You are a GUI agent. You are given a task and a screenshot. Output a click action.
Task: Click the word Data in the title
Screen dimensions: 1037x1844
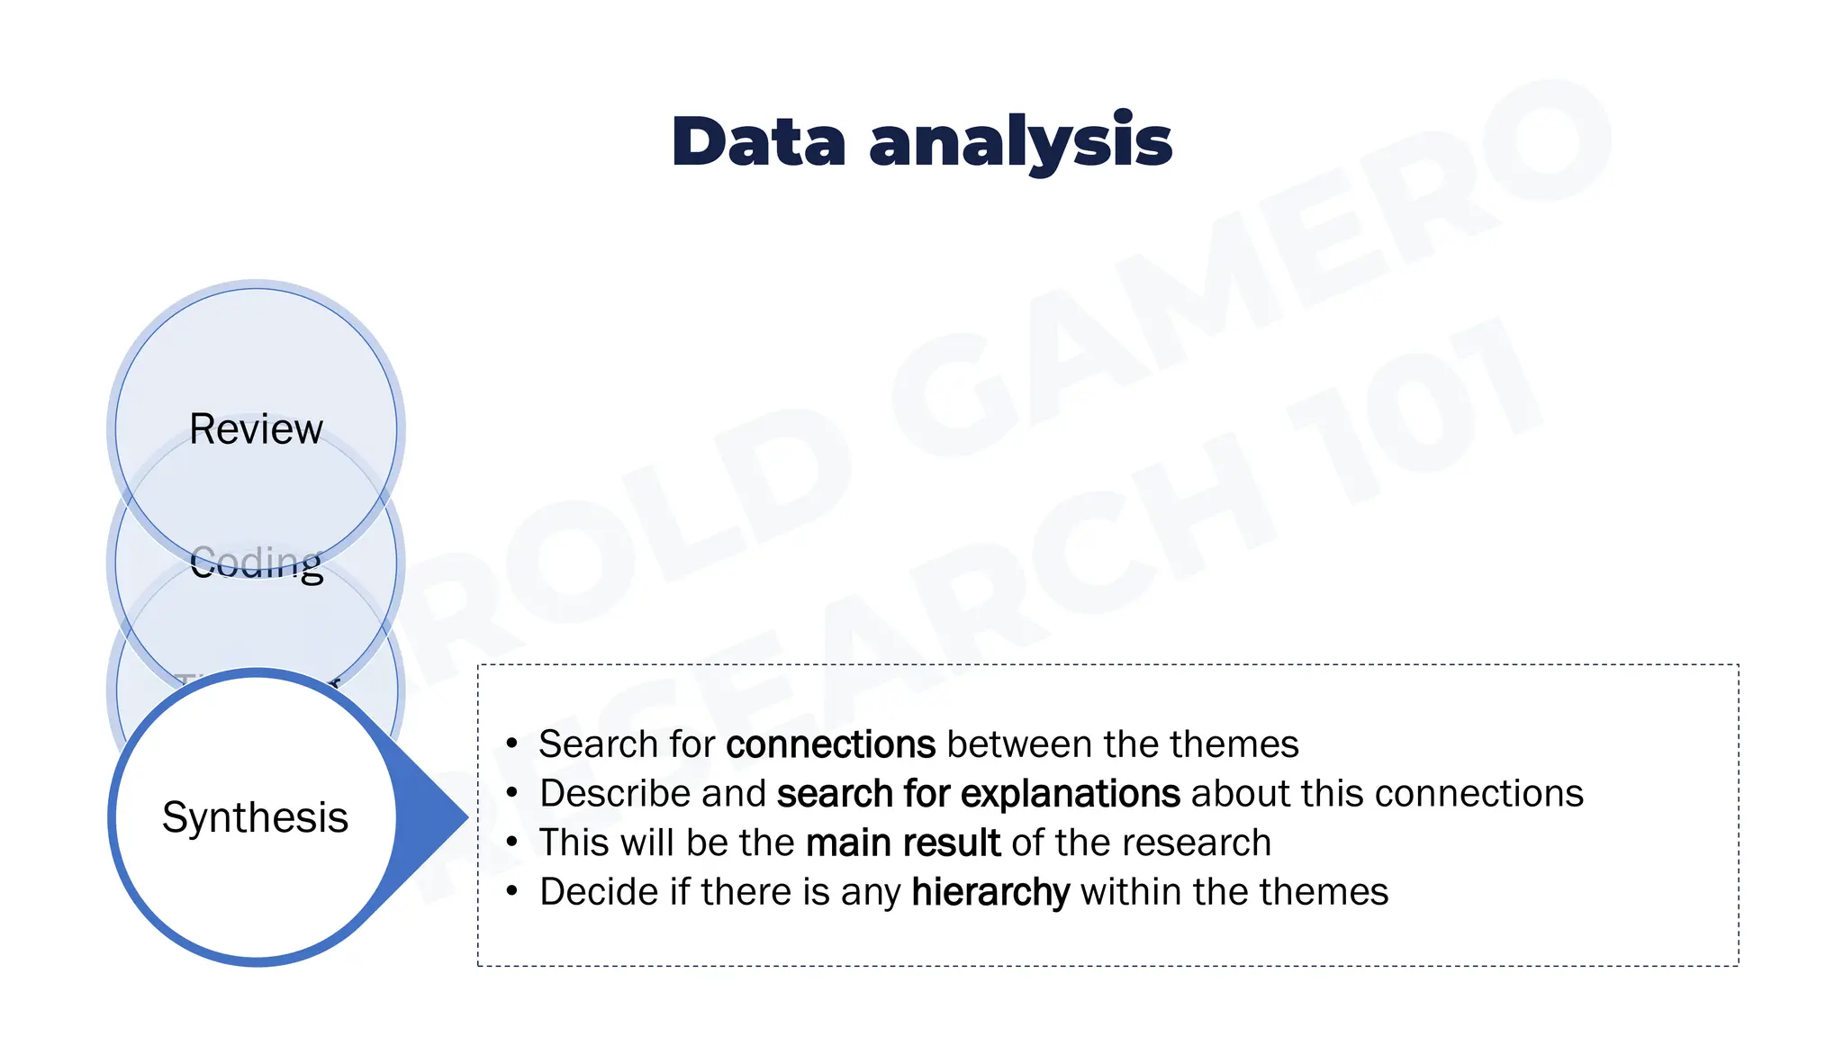point(758,142)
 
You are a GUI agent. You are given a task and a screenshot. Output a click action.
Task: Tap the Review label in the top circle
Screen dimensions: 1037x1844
point(256,428)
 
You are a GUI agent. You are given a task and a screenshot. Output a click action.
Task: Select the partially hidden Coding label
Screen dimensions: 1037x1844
point(257,564)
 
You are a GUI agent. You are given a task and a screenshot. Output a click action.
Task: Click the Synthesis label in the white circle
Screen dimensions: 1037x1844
point(255,817)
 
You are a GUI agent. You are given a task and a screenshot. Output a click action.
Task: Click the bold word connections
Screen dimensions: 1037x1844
point(830,744)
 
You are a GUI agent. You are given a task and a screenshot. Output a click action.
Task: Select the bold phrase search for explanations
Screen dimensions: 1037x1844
point(978,794)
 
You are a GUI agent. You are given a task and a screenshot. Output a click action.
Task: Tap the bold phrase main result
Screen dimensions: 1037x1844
point(902,843)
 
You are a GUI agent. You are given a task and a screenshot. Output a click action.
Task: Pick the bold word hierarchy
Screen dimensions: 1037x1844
point(990,892)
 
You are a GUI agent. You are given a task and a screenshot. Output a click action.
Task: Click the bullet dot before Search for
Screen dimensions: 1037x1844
point(512,744)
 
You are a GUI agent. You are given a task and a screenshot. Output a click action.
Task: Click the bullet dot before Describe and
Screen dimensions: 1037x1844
point(512,793)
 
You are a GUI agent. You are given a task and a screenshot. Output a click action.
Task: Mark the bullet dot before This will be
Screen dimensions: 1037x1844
point(512,843)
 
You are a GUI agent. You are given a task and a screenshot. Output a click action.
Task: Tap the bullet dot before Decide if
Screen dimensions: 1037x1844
point(512,891)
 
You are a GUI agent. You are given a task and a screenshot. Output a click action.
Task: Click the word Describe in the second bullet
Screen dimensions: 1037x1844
point(614,794)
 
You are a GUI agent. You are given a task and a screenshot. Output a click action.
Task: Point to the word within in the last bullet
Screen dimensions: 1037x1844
point(1130,892)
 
